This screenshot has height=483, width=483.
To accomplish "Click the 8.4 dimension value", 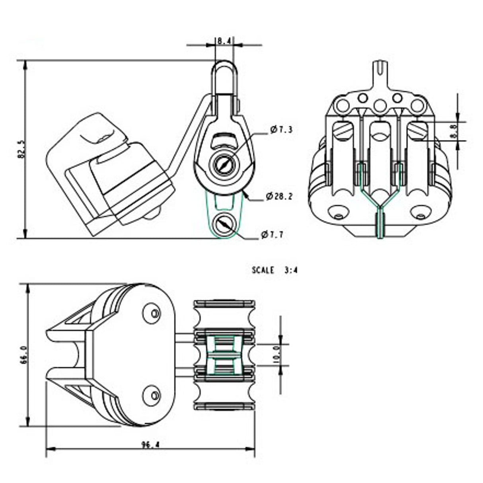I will pyautogui.click(x=224, y=40).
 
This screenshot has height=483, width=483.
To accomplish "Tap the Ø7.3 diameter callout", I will pyautogui.click(x=281, y=130).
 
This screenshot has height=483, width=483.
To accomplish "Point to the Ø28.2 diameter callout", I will pyautogui.click(x=279, y=196).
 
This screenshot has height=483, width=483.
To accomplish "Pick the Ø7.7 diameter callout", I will pyautogui.click(x=272, y=235).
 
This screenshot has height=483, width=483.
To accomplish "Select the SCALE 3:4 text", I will pyautogui.click(x=275, y=271).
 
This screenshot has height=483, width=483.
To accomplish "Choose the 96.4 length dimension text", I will pyautogui.click(x=148, y=445).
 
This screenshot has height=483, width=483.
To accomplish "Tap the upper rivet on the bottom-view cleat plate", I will pyautogui.click(x=152, y=313).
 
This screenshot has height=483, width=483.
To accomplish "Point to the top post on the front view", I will pyautogui.click(x=381, y=72).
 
